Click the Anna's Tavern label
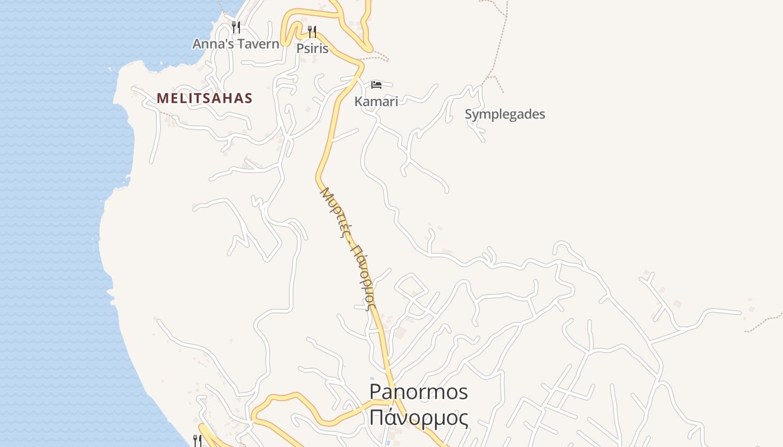click(235, 44)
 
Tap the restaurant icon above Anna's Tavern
click(236, 27)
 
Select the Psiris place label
click(312, 49)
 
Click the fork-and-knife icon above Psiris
click(312, 31)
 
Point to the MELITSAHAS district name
click(205, 98)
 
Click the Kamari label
click(376, 101)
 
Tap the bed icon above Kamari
click(376, 84)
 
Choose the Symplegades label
click(505, 115)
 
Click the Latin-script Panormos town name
click(418, 392)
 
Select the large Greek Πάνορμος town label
click(418, 417)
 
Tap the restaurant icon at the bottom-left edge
click(197, 440)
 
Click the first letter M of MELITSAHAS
click(162, 98)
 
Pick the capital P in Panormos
click(376, 392)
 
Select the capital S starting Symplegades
click(469, 114)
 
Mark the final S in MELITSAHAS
click(249, 98)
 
